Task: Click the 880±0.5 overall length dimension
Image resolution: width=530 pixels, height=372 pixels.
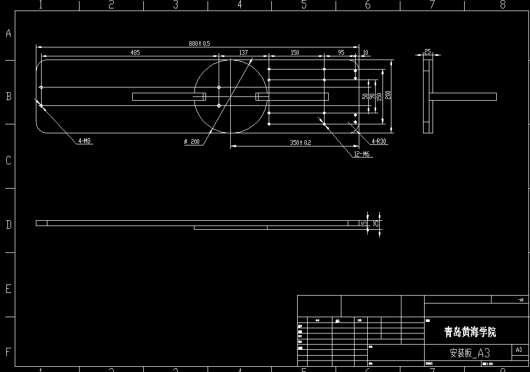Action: point(200,43)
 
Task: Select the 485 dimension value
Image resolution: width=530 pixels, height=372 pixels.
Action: point(135,52)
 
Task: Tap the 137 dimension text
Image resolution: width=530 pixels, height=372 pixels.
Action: point(243,52)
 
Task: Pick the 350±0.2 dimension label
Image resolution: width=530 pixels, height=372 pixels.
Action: point(300,143)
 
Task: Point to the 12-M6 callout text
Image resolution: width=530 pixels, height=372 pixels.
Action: point(362,154)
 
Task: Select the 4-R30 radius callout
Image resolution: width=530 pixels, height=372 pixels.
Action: point(379,141)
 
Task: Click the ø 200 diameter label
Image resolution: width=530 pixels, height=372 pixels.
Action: point(192,141)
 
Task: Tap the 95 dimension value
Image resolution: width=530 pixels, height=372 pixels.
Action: point(341,52)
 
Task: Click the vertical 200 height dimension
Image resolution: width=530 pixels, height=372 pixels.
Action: point(388,95)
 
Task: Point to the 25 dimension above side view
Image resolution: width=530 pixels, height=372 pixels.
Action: point(427,51)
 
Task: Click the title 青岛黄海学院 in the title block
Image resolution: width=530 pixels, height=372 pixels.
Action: point(470,332)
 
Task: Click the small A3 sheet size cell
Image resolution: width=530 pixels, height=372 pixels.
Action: point(519,349)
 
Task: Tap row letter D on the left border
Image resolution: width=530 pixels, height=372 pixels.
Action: point(8,225)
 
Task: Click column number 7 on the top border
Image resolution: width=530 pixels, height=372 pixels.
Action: point(432,5)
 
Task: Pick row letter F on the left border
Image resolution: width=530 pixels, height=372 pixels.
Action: point(8,352)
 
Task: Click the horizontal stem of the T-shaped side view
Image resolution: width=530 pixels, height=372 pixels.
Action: point(464,96)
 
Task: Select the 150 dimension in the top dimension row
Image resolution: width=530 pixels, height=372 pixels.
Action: point(295,52)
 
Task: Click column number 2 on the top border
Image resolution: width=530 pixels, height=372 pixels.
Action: point(111,5)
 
